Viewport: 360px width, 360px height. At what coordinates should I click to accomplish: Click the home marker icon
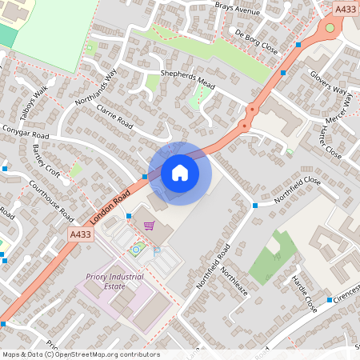point(180,172)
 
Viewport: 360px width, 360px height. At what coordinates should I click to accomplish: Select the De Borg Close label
point(257,41)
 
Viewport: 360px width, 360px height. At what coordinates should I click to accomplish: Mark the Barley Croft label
point(46,161)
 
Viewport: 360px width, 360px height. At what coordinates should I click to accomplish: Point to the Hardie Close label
point(305,294)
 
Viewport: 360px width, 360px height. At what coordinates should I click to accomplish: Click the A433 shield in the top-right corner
point(346,9)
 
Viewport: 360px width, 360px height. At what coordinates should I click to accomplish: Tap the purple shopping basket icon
point(148,225)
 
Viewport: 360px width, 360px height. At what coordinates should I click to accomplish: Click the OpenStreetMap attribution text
point(80,354)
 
